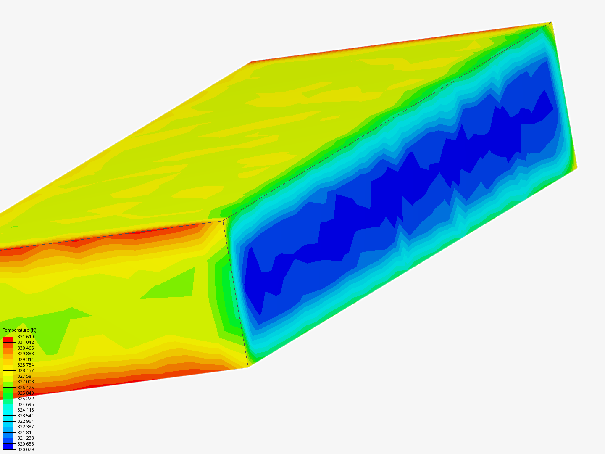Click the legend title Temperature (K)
pyautogui.click(x=19, y=330)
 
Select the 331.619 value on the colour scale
pyautogui.click(x=25, y=337)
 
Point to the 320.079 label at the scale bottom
pyautogui.click(x=25, y=449)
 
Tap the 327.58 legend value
pyautogui.click(x=24, y=376)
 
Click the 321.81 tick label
pyautogui.click(x=24, y=433)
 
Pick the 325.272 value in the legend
pyautogui.click(x=25, y=399)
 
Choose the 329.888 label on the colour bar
pyautogui.click(x=25, y=354)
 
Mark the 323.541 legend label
pyautogui.click(x=25, y=416)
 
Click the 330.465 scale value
pyautogui.click(x=25, y=348)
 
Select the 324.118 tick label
pyautogui.click(x=25, y=410)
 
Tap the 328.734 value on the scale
pyautogui.click(x=25, y=365)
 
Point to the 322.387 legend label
pyautogui.click(x=25, y=427)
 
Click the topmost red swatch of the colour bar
pyautogui.click(x=8, y=339)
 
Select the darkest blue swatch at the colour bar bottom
pyautogui.click(x=8, y=446)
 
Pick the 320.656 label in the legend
pyautogui.click(x=25, y=444)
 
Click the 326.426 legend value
pyautogui.click(x=25, y=388)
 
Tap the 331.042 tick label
pyautogui.click(x=25, y=342)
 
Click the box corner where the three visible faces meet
pyautogui.click(x=223, y=220)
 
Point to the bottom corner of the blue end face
pyautogui.click(x=248, y=367)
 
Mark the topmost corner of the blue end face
pyautogui.click(x=551, y=22)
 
